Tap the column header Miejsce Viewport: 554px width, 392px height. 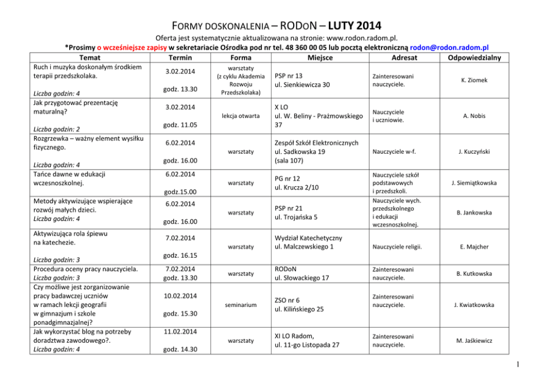pyautogui.click(x=319, y=58)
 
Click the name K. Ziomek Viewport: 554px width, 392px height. pyautogui.click(x=474, y=80)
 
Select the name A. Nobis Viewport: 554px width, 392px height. pyautogui.click(x=474, y=116)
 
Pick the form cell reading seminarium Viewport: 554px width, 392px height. pyautogui.click(x=241, y=305)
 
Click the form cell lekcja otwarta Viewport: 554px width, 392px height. pyautogui.click(x=241, y=116)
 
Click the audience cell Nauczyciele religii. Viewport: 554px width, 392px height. pyautogui.click(x=394, y=246)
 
